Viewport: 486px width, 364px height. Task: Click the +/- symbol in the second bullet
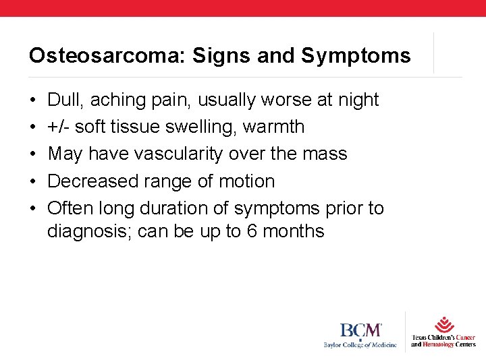[x=59, y=127]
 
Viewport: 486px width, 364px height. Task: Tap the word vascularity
[x=179, y=154]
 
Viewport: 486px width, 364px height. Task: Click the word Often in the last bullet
[x=68, y=208]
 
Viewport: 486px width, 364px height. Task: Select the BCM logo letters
[x=360, y=331]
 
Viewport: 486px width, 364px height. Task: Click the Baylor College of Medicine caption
[x=360, y=345]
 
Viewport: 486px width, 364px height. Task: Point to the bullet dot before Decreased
[x=33, y=182]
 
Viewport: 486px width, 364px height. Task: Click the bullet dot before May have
[x=33, y=154]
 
